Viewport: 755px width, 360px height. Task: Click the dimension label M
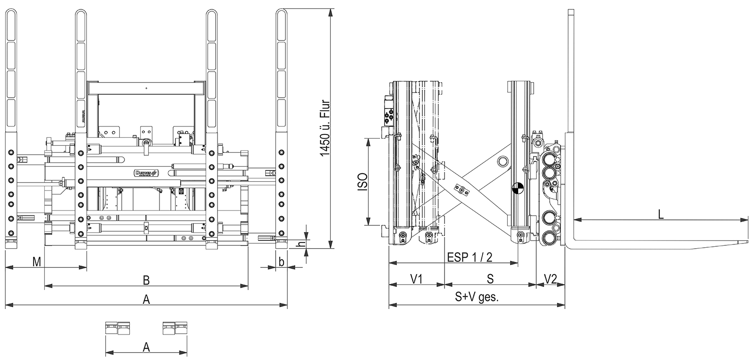click(x=36, y=261)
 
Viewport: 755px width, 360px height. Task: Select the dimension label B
click(x=146, y=280)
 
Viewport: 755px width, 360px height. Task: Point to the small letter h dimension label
click(x=298, y=244)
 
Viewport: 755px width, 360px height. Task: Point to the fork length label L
click(x=661, y=214)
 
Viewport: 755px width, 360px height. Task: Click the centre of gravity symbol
click(x=517, y=189)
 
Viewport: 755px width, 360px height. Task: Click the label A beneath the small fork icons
click(x=146, y=347)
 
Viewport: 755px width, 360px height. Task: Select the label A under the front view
click(x=146, y=299)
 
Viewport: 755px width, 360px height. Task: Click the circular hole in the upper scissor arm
click(x=502, y=161)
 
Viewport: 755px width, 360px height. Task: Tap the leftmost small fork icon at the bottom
click(x=111, y=328)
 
